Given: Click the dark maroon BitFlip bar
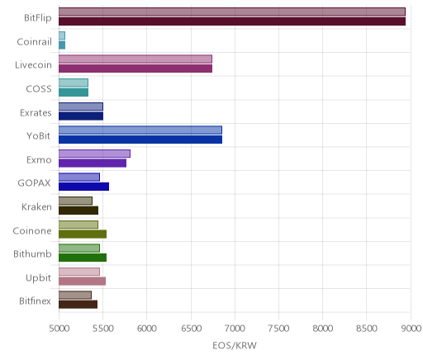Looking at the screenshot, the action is click(x=232, y=21).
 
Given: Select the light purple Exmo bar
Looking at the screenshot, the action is click(x=94, y=154).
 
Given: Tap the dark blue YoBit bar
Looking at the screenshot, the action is click(x=140, y=140).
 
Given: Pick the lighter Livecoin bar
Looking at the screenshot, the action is click(x=135, y=59).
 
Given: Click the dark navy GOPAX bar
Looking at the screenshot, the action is click(x=83, y=187).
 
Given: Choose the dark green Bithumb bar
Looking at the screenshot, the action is click(x=83, y=258).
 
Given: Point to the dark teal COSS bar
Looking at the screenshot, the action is click(x=74, y=92).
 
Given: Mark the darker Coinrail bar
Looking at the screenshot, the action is click(x=62, y=45).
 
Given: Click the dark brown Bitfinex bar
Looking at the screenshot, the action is click(x=78, y=305).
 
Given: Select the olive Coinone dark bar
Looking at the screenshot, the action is click(x=83, y=234).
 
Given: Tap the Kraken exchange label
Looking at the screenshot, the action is click(x=36, y=206).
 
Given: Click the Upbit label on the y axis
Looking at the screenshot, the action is click(x=38, y=278).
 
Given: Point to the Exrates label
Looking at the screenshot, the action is click(x=36, y=112).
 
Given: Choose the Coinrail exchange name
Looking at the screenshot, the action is click(x=35, y=42).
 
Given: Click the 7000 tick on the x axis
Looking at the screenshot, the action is click(x=235, y=329).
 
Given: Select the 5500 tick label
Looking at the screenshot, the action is click(x=103, y=329).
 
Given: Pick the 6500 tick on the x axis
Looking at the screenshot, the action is click(x=191, y=329).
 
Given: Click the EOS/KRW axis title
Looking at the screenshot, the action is click(x=235, y=345).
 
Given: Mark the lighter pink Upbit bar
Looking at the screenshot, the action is click(x=79, y=272).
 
